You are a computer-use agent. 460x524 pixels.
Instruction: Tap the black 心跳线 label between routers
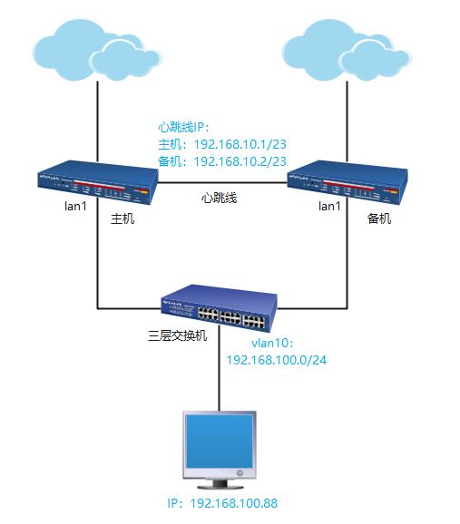(219, 198)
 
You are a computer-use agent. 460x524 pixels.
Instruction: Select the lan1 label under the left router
(51, 208)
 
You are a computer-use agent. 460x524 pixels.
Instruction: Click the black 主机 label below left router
(122, 219)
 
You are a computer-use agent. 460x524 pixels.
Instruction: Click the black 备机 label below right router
(379, 219)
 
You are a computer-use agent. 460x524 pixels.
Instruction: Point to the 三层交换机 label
(177, 335)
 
